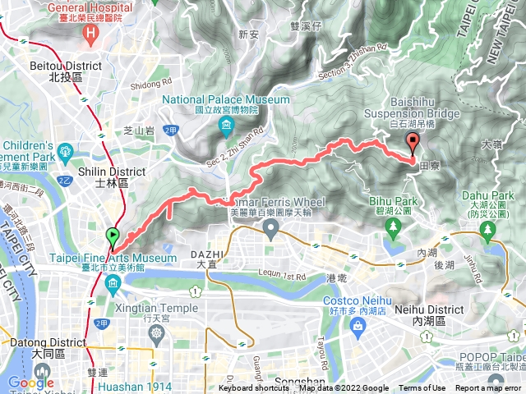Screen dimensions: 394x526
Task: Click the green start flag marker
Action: (x=113, y=238)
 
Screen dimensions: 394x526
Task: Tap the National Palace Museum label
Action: (x=226, y=99)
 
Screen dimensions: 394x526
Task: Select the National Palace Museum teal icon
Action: (x=226, y=126)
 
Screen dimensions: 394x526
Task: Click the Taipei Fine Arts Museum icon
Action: (x=113, y=283)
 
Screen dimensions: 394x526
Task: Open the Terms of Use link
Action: (x=422, y=388)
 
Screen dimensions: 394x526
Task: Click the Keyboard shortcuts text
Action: (x=254, y=388)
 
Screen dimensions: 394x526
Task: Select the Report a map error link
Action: (x=489, y=388)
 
